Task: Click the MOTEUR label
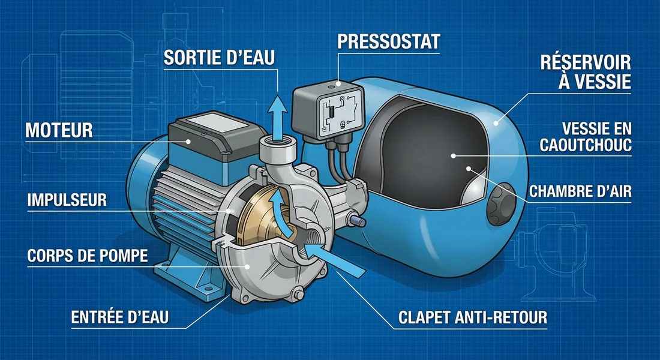(x=59, y=129)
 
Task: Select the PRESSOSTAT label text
(x=389, y=41)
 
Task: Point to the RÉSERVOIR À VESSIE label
(x=585, y=71)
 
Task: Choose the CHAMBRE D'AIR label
(x=580, y=191)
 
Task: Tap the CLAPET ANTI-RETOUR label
(x=473, y=317)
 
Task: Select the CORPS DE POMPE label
(x=88, y=256)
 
